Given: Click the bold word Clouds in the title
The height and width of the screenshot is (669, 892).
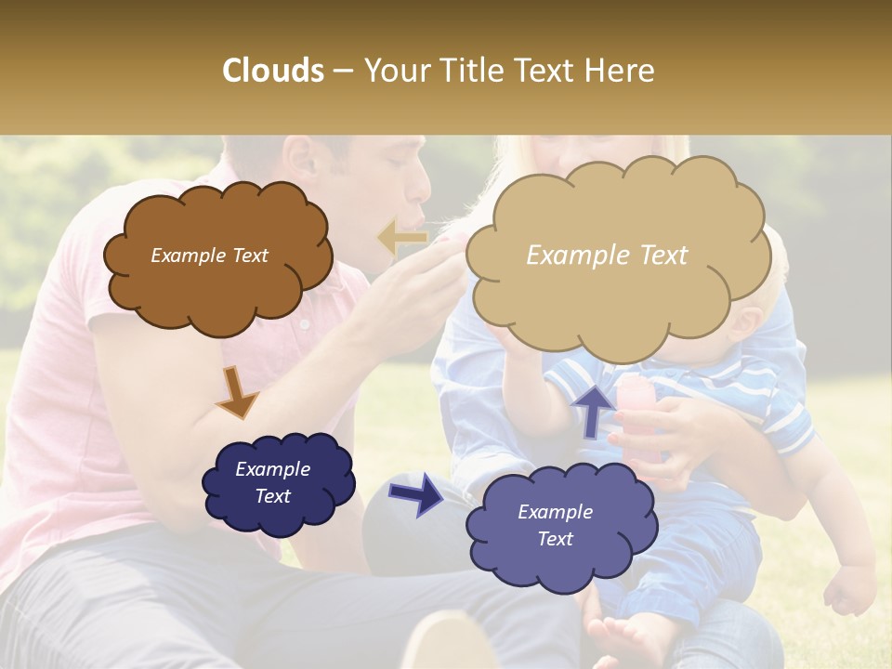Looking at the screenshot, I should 273,71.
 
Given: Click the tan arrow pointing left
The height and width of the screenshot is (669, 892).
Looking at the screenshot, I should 402,239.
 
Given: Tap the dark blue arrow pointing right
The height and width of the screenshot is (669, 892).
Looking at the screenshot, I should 416,493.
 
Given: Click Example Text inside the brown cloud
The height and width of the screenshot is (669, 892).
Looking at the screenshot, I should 209,256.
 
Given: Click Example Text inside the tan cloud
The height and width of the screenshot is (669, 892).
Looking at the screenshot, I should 607,256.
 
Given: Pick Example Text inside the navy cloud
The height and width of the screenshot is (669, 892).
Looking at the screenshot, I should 272,482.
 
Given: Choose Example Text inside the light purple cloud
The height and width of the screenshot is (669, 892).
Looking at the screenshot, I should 555,525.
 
